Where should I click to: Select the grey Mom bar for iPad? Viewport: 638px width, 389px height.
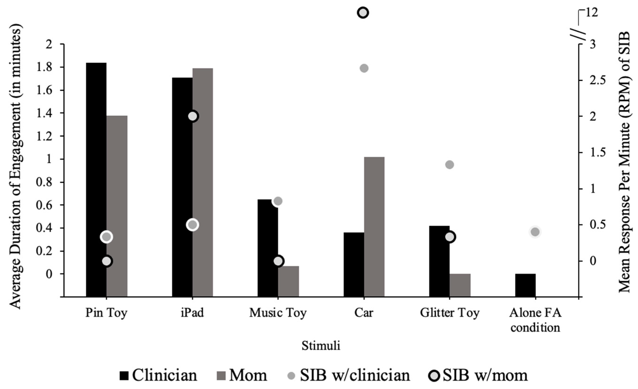click(x=203, y=181)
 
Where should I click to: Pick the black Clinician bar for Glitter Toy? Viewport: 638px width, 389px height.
click(x=439, y=261)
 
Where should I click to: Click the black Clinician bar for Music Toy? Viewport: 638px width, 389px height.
click(x=268, y=248)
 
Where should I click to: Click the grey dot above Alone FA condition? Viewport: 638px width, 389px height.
click(x=535, y=232)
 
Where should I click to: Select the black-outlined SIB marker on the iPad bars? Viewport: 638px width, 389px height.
click(x=193, y=116)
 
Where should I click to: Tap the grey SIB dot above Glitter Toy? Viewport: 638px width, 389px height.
click(x=450, y=165)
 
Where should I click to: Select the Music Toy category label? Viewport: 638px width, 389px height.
click(x=278, y=313)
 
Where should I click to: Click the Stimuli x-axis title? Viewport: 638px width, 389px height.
click(x=321, y=346)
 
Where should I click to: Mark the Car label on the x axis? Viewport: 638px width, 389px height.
click(x=364, y=313)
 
